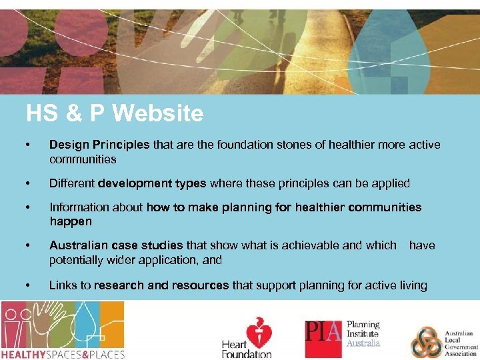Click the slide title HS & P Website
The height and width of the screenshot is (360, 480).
(x=114, y=114)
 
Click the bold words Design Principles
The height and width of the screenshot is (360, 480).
(x=100, y=145)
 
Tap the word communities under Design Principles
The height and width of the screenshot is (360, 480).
(x=83, y=159)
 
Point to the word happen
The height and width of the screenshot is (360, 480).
(x=70, y=221)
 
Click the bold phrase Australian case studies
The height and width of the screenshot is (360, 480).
(x=116, y=245)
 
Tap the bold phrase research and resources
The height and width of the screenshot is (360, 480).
(x=161, y=285)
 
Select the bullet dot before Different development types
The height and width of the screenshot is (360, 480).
(x=27, y=183)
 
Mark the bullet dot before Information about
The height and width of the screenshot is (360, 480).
(x=27, y=207)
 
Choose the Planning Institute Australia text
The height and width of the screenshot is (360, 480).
(x=363, y=334)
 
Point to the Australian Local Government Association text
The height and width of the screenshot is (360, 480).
(x=460, y=342)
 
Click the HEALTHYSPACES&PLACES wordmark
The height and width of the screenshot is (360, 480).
(x=63, y=354)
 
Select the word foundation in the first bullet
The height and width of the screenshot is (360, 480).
(x=243, y=145)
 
